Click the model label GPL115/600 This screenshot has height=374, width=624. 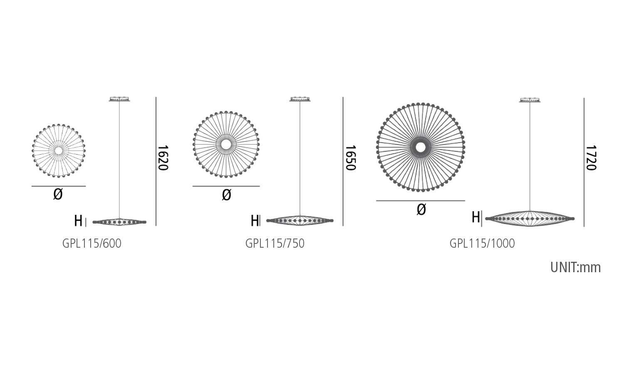pyautogui.click(x=92, y=244)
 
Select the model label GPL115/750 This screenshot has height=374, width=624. pyautogui.click(x=275, y=244)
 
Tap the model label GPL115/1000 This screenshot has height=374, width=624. pyautogui.click(x=482, y=244)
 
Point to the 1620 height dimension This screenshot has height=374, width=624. pyautogui.click(x=163, y=158)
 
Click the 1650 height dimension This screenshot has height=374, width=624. pyautogui.click(x=351, y=158)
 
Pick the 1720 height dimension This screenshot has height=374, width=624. pyautogui.click(x=591, y=158)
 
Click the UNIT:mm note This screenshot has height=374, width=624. pyautogui.click(x=575, y=268)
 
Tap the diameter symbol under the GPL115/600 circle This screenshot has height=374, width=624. pyautogui.click(x=58, y=194)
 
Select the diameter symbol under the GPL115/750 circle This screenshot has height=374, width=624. pyautogui.click(x=226, y=195)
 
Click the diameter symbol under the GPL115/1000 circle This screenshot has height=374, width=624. pyautogui.click(x=421, y=209)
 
